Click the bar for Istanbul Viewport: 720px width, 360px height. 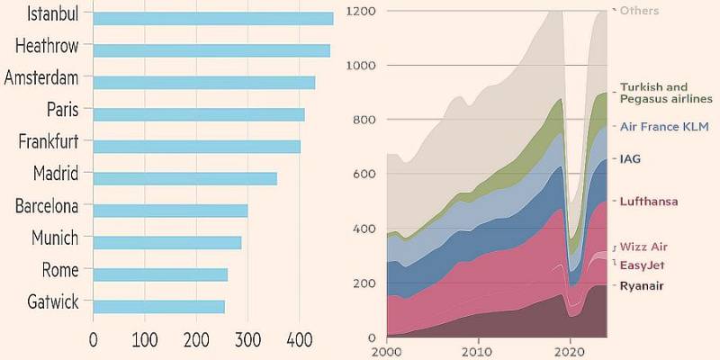pos(212,18)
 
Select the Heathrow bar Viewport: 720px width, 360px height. pos(211,50)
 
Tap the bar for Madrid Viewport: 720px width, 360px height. pos(184,178)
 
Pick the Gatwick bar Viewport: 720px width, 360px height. pos(158,307)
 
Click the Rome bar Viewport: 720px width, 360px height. pos(160,274)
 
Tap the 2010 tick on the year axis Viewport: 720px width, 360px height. pos(477,352)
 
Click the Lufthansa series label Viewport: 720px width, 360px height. pos(649,202)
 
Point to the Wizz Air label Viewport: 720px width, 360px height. pos(644,247)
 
